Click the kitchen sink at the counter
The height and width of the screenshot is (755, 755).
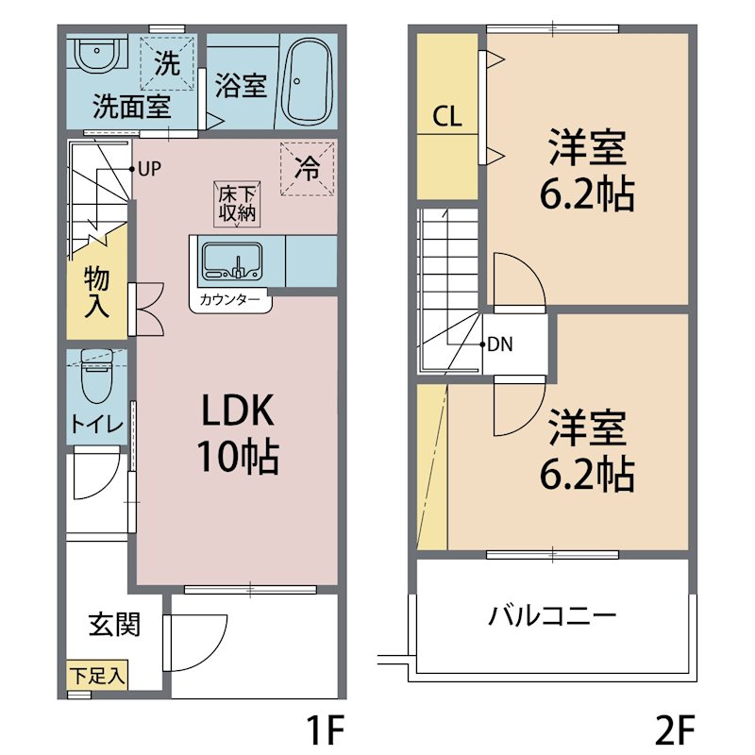pyautogui.click(x=232, y=260)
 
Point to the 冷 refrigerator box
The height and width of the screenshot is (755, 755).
pyautogui.click(x=308, y=168)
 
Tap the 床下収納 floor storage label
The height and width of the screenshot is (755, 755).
pyautogui.click(x=238, y=204)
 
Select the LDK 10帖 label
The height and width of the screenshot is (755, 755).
pyautogui.click(x=237, y=433)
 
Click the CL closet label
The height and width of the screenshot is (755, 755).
pyautogui.click(x=446, y=117)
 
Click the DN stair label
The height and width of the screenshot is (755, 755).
pyautogui.click(x=500, y=344)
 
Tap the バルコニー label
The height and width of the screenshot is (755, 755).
pyautogui.click(x=552, y=617)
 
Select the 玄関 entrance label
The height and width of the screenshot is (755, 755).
pyautogui.click(x=115, y=624)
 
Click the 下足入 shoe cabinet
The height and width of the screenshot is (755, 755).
pyautogui.click(x=98, y=676)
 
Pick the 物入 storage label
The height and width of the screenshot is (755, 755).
pyautogui.click(x=97, y=292)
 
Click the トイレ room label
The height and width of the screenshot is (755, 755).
pyautogui.click(x=96, y=425)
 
